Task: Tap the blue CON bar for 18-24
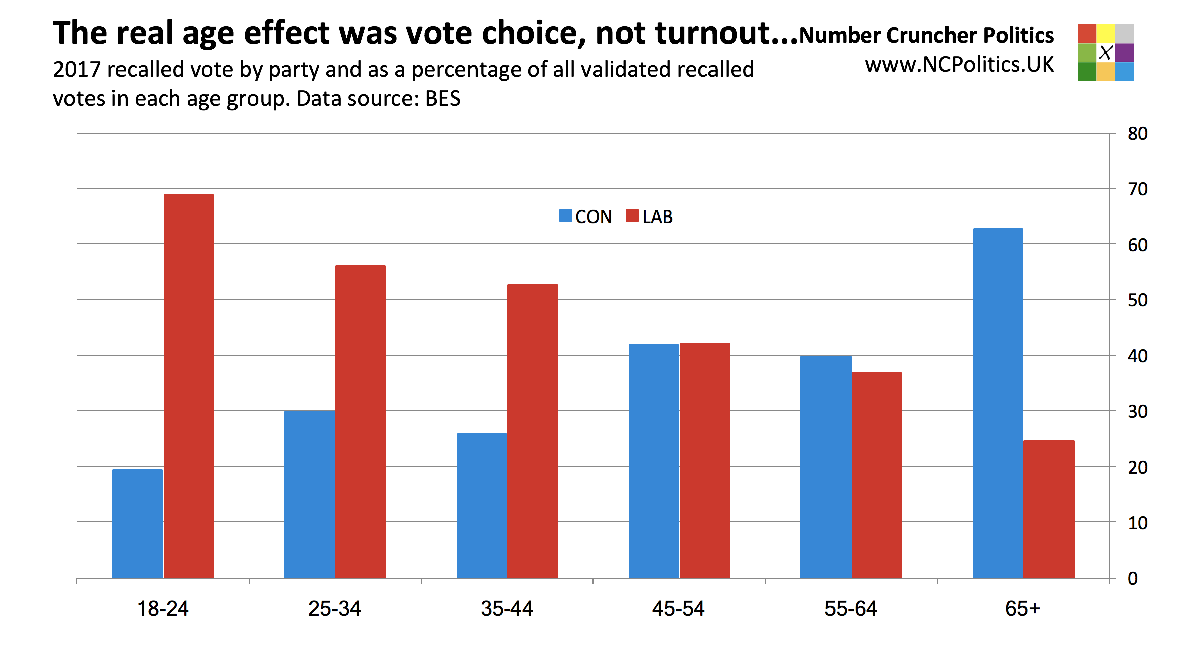click(138, 523)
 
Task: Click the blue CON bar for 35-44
click(482, 505)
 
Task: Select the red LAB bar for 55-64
click(877, 475)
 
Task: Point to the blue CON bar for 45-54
click(654, 461)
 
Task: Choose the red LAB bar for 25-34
click(361, 421)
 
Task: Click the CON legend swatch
click(566, 216)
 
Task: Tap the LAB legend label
click(657, 217)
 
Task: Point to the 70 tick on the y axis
click(1138, 189)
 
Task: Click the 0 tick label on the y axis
click(1133, 579)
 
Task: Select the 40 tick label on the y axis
click(1138, 356)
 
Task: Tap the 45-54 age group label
click(678, 609)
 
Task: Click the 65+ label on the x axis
click(1023, 609)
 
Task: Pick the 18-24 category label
click(163, 609)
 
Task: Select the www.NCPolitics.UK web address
click(959, 65)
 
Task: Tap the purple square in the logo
click(1124, 53)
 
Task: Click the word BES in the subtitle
click(443, 99)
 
